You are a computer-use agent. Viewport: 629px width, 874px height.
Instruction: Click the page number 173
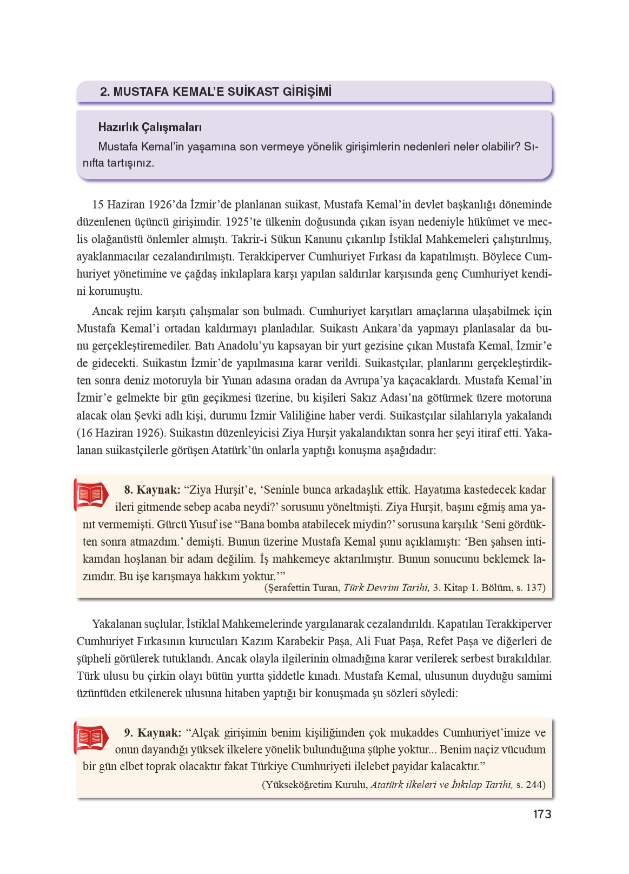click(541, 814)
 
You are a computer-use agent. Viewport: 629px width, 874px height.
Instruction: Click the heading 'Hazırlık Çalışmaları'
click(150, 127)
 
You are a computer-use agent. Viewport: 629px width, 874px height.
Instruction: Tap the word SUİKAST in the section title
click(253, 91)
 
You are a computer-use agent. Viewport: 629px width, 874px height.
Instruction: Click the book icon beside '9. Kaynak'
click(90, 738)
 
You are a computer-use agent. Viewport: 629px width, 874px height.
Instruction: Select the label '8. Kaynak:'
click(152, 490)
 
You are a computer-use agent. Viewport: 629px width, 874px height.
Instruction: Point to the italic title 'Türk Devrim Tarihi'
click(386, 588)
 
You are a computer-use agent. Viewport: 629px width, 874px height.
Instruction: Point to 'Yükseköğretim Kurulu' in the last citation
click(316, 785)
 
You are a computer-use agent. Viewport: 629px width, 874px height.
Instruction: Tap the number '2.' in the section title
click(105, 91)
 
